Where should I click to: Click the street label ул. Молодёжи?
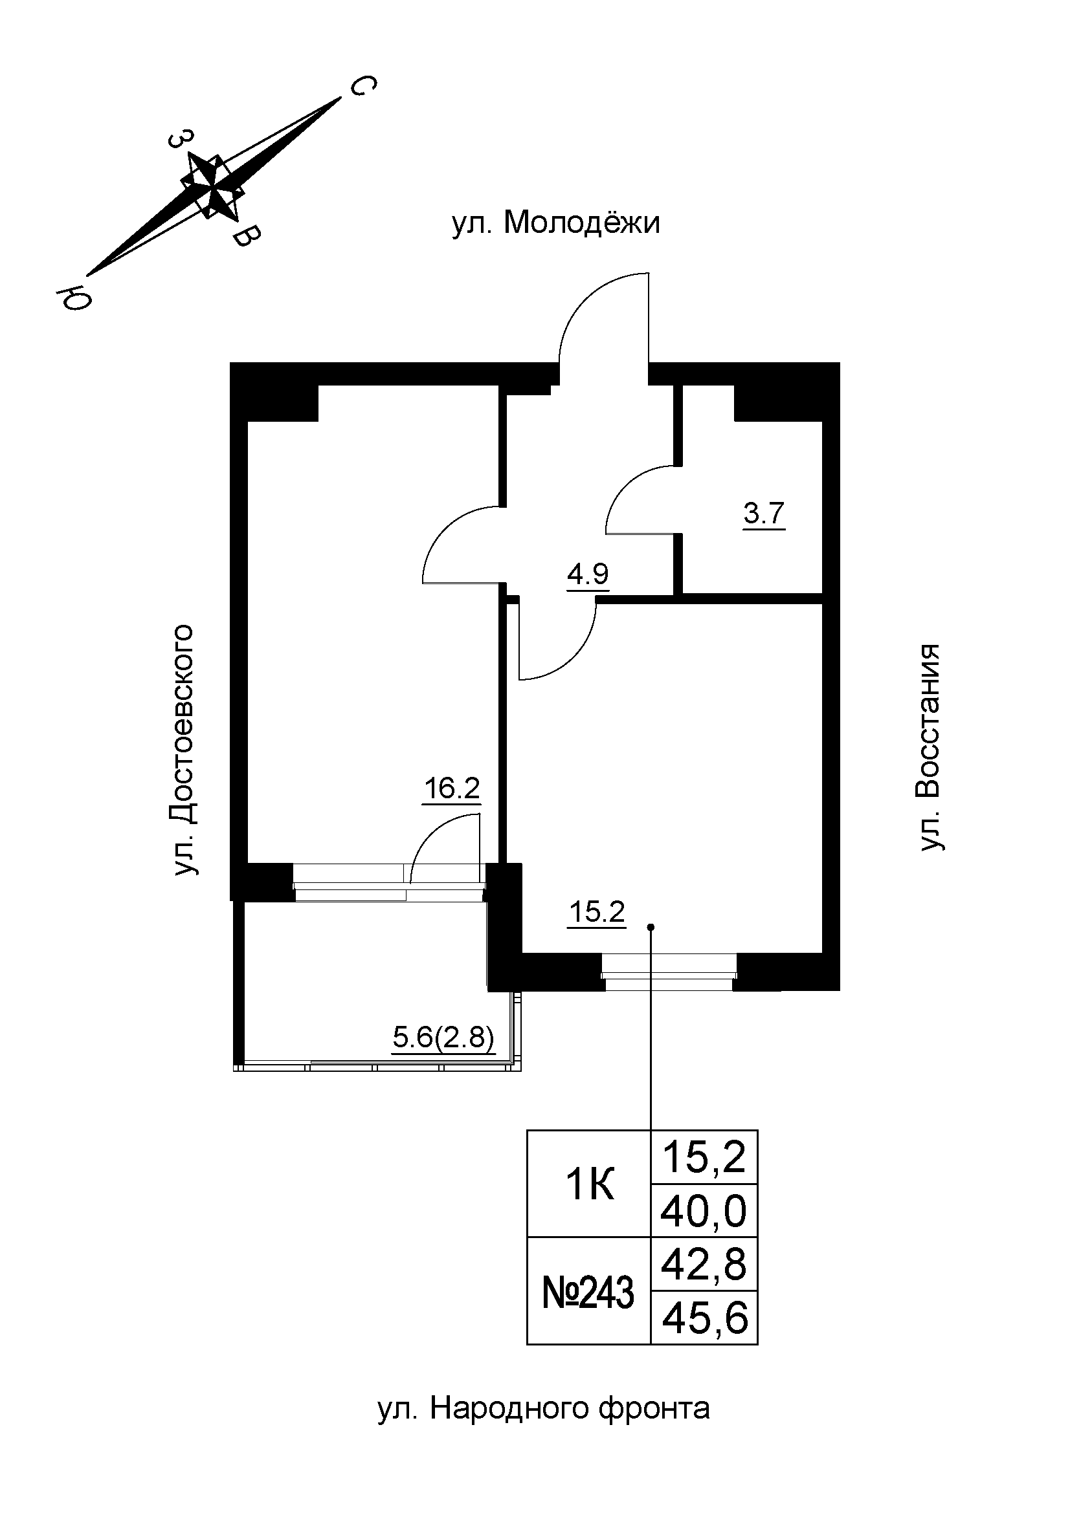pos(555,224)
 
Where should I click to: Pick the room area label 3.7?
pos(764,514)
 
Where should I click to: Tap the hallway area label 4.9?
pos(587,574)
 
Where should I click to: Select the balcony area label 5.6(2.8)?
pos(443,1040)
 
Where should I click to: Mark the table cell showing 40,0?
pos(704,1212)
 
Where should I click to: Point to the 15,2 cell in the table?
pos(704,1158)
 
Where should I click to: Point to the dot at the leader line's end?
pos(651,927)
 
